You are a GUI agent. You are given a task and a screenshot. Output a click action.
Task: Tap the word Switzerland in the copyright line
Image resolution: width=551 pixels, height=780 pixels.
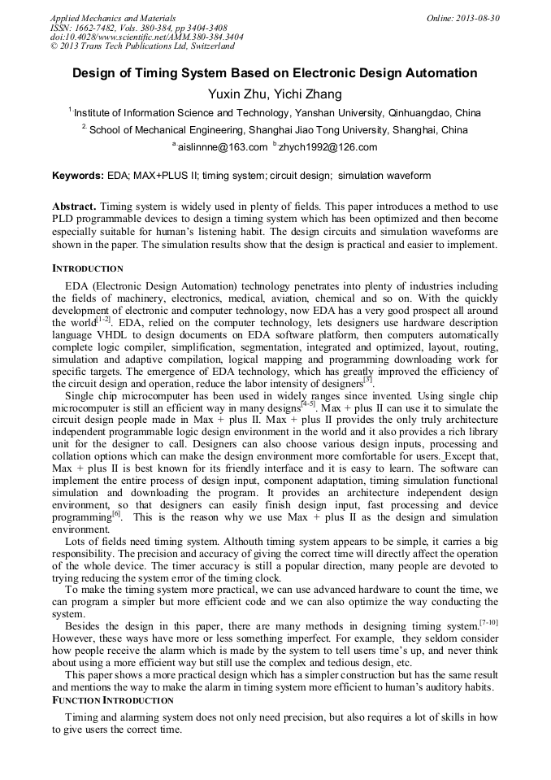point(206,46)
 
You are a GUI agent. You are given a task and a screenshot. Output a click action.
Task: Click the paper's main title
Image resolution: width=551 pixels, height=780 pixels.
point(275,74)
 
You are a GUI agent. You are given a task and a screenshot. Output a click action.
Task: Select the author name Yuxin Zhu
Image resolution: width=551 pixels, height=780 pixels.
point(236,94)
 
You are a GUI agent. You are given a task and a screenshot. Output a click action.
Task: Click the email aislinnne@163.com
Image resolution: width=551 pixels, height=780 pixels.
point(222,147)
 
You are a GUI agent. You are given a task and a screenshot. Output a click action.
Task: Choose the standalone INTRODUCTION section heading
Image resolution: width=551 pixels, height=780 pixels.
point(88,268)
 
